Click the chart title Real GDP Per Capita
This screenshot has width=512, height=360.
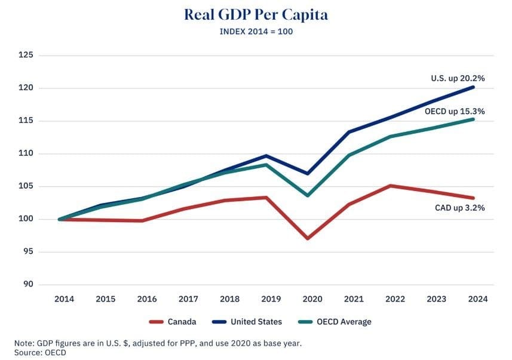[x=256, y=14]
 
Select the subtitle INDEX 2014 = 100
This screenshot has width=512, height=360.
[x=256, y=32]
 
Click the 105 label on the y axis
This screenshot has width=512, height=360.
[x=28, y=186]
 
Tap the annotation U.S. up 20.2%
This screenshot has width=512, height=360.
[x=458, y=78]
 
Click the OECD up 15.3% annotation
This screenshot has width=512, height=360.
[x=455, y=111]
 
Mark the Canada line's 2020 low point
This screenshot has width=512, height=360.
[x=308, y=238]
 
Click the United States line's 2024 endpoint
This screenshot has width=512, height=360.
[x=474, y=87]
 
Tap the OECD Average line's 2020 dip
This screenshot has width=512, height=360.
[x=308, y=195]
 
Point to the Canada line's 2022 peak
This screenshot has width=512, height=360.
[x=391, y=186]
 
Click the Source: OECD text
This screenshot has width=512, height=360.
[x=40, y=352]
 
